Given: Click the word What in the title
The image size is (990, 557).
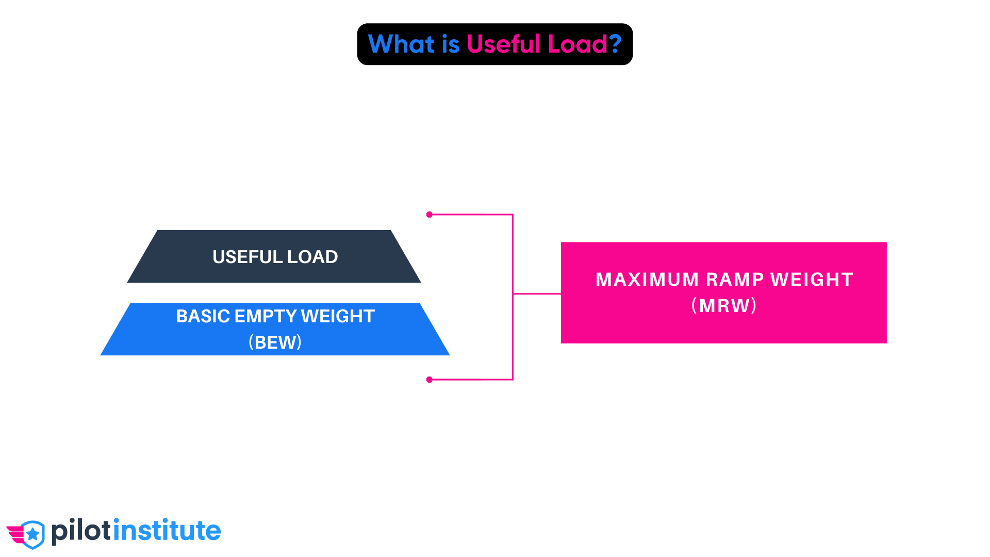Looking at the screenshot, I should [x=401, y=44].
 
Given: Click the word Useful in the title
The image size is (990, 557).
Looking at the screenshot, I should [x=503, y=44].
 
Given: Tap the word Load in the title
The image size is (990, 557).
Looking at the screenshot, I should [x=577, y=44].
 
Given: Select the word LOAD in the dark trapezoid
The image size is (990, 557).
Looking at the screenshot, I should [x=312, y=257].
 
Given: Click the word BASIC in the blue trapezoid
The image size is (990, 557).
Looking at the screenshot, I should [x=203, y=316].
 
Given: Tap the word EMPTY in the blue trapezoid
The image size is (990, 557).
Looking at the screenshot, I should [x=265, y=316].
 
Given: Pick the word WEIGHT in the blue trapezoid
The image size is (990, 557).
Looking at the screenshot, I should [x=338, y=316].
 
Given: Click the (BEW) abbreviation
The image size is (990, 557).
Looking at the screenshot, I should [x=275, y=342].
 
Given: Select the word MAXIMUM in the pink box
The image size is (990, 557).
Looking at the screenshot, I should [x=647, y=280].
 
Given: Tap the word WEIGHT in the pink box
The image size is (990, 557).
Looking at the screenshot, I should [x=812, y=280].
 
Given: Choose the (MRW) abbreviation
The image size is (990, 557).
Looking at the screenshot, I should [x=724, y=306].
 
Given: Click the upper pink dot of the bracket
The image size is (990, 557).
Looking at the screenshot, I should [x=429, y=215].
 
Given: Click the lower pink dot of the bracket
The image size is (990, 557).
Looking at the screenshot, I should [x=429, y=380].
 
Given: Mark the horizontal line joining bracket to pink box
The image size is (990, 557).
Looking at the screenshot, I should [x=537, y=294].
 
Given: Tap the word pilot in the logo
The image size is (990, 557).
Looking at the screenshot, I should [x=81, y=531].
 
